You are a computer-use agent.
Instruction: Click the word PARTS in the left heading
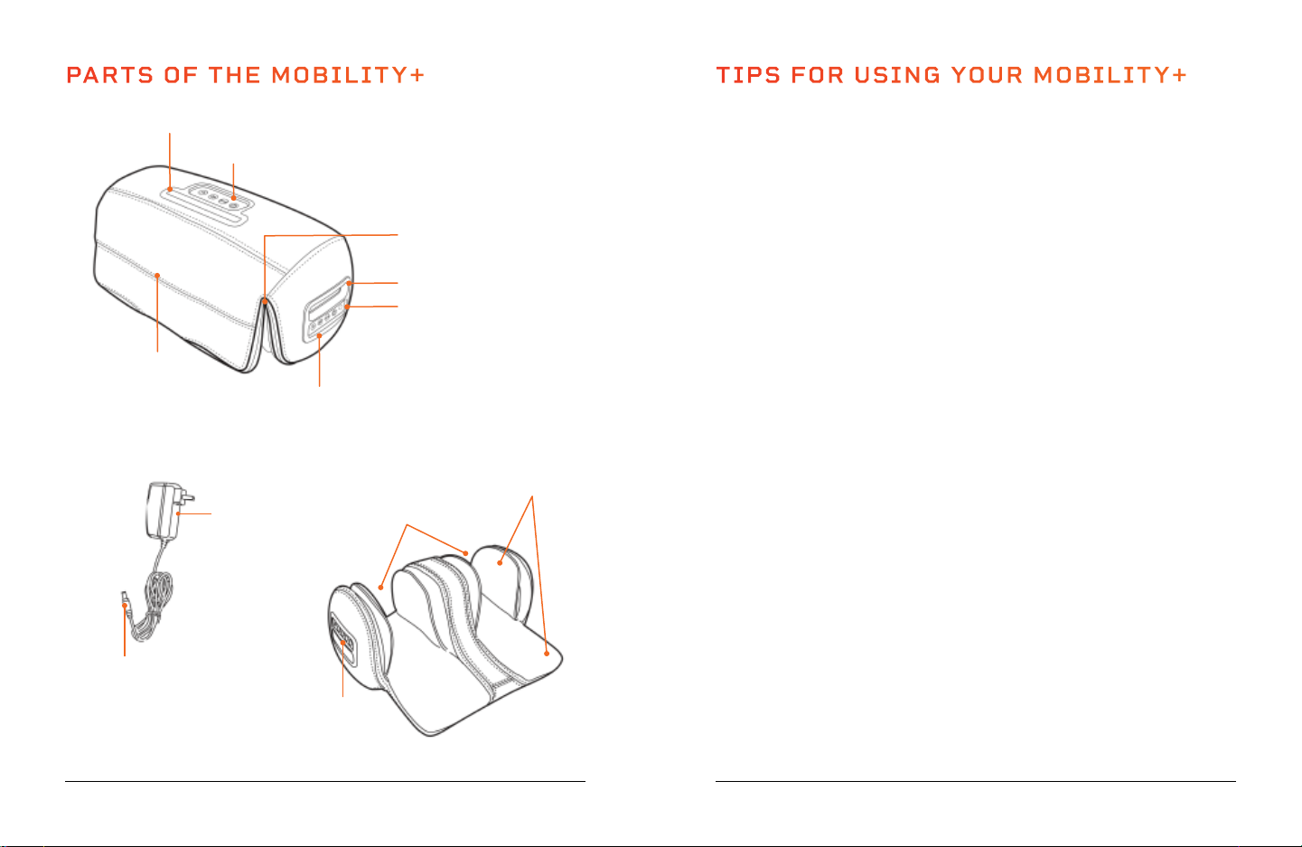(x=110, y=76)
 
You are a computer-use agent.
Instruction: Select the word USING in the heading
(x=897, y=76)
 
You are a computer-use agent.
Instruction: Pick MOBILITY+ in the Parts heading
(x=348, y=76)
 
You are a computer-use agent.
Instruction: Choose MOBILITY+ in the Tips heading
(x=1110, y=76)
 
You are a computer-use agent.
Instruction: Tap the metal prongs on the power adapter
(x=187, y=496)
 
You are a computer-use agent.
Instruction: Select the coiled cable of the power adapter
(x=154, y=605)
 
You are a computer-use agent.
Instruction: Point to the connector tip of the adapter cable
(x=125, y=600)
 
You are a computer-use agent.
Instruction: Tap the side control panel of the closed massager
(x=326, y=310)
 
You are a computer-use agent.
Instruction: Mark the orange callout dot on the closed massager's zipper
(x=265, y=302)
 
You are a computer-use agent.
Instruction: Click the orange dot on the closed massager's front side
(x=157, y=276)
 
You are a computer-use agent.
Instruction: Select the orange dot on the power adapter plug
(x=178, y=513)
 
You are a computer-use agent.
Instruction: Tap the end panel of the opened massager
(x=343, y=639)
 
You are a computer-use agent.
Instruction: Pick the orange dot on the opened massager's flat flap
(x=547, y=654)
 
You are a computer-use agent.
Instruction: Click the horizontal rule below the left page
(x=325, y=781)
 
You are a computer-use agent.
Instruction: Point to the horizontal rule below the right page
(x=975, y=781)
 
